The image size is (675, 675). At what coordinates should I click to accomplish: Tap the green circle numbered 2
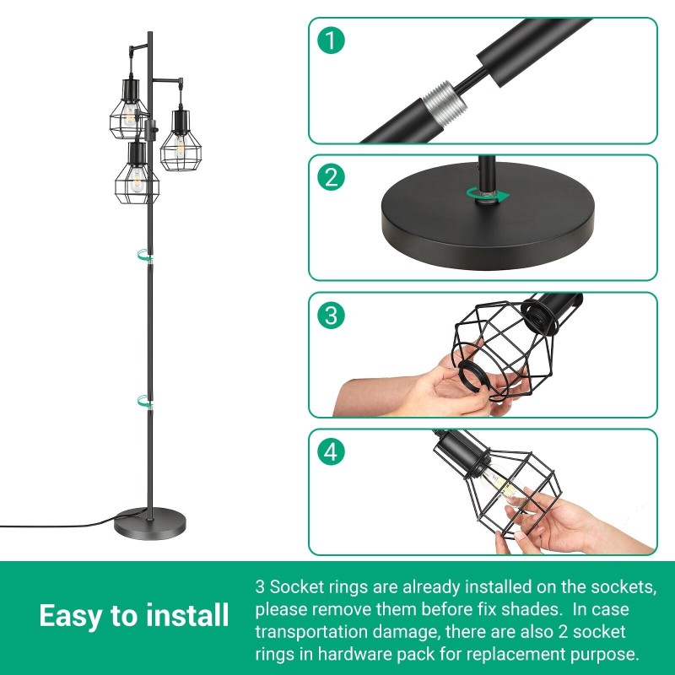[x=331, y=177]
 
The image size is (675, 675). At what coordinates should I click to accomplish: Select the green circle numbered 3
[x=331, y=315]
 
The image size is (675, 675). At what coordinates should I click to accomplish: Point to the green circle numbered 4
[x=331, y=452]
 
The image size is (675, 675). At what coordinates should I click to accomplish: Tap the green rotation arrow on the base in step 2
[x=488, y=195]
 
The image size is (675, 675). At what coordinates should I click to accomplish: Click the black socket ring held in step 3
[x=475, y=375]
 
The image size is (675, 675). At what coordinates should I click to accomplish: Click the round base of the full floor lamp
[x=150, y=523]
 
